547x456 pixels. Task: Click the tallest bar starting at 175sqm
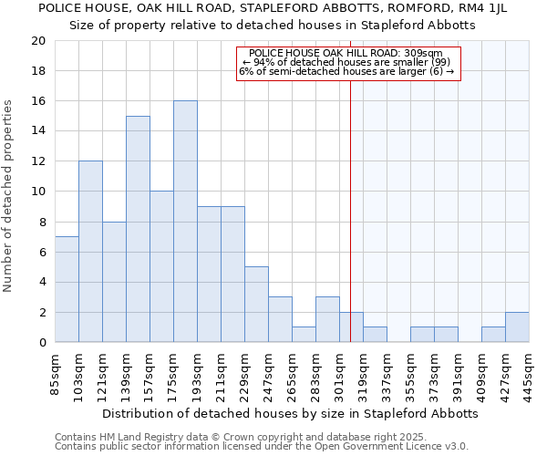pos(185,222)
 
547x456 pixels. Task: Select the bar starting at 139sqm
pos(138,229)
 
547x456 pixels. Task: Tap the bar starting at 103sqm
pos(90,252)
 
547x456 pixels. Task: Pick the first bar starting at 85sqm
pos(67,289)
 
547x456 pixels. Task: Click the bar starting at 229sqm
pos(256,305)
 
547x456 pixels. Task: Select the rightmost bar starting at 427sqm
pos(517,327)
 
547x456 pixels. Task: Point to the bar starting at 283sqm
pos(327,319)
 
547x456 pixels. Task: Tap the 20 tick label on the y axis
pos(37,41)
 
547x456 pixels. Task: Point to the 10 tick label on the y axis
pos(37,192)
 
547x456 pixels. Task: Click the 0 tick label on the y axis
pos(42,342)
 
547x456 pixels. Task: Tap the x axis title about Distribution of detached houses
pos(290,413)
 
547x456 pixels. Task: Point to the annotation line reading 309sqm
pos(346,54)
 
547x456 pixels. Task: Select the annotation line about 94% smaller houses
pos(346,62)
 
